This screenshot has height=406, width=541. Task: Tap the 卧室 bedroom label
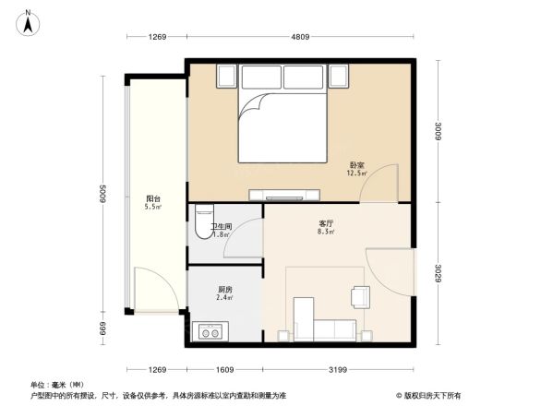coord(356,163)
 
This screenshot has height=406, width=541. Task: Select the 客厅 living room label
coord(326,224)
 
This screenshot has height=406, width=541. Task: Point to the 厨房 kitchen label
coord(224,289)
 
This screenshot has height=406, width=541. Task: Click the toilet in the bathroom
coord(203,226)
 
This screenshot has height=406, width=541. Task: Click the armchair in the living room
coord(359,295)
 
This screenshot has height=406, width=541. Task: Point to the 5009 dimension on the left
coord(104,197)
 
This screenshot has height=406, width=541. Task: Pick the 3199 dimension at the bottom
coord(336,371)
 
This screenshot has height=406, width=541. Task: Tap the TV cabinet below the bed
coord(283,195)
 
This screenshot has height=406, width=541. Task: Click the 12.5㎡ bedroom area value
coord(356,172)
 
